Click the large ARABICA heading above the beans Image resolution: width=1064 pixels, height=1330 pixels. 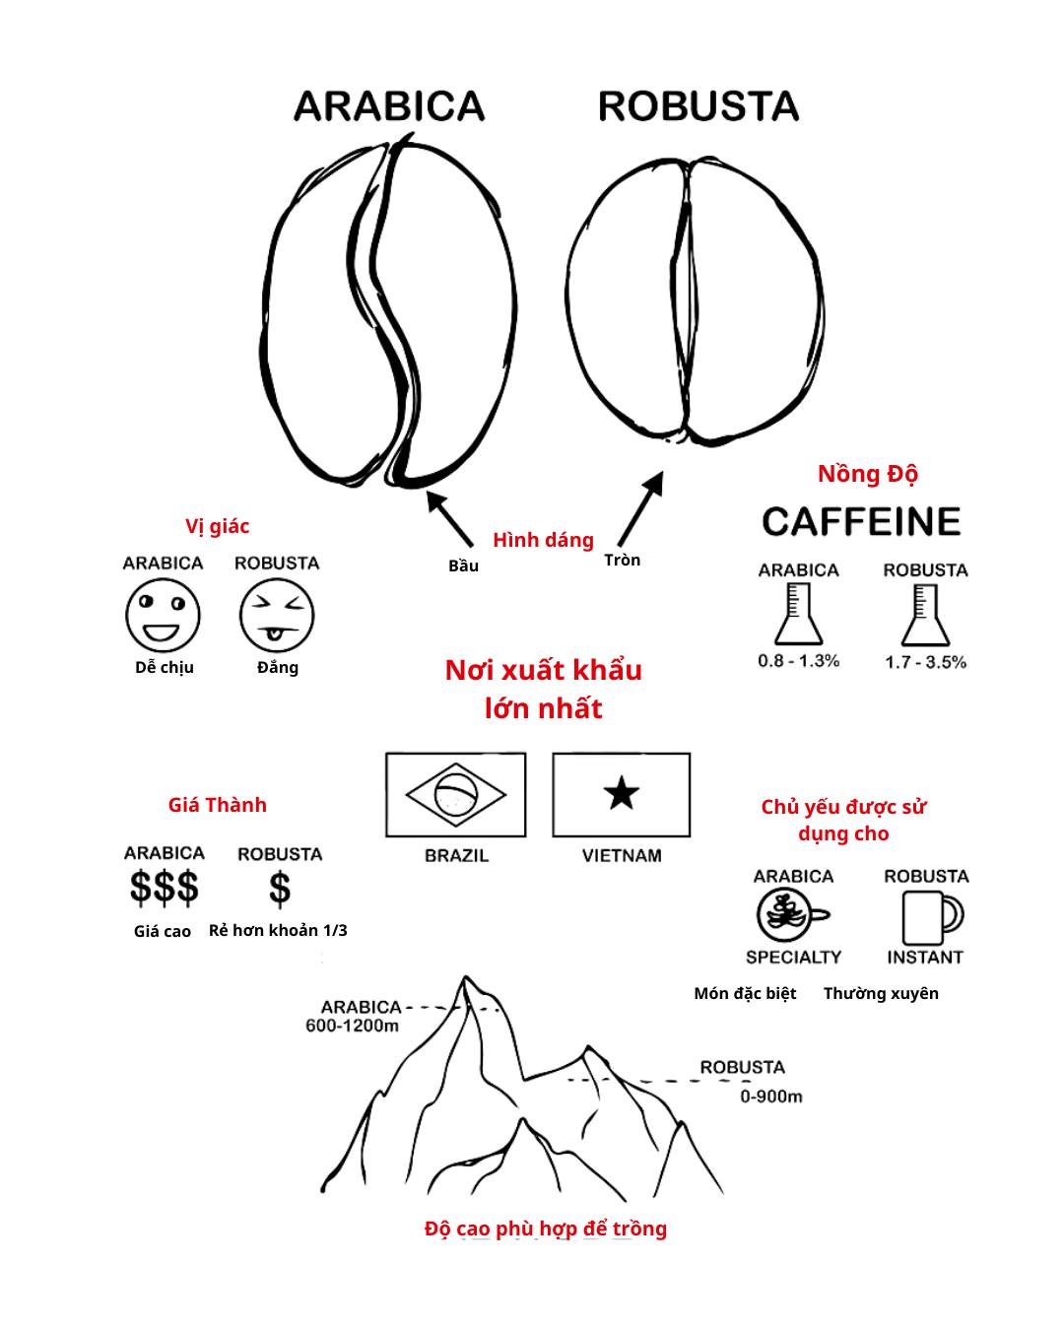tap(389, 105)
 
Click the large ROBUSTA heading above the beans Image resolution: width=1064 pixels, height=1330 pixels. tap(698, 105)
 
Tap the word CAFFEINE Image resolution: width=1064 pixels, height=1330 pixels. tap(861, 521)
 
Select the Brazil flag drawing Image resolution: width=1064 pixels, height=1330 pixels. tap(455, 795)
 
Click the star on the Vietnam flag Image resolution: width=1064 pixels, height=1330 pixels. tap(622, 794)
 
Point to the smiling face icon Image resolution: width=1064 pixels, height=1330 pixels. tap(164, 615)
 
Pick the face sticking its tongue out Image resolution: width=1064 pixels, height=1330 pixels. tap(277, 615)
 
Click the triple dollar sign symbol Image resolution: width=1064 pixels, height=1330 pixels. tap(165, 888)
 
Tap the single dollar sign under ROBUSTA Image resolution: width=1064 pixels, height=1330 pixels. tap(280, 889)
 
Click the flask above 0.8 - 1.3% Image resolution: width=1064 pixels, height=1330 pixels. tap(799, 615)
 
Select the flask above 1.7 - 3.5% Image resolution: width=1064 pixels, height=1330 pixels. tap(925, 615)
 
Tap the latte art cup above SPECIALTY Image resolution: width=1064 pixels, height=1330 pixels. tap(791, 915)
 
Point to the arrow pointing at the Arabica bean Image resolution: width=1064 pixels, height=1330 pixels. tap(449, 518)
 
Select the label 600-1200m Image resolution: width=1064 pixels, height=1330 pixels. tap(353, 1027)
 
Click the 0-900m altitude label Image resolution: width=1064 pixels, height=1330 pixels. tap(771, 1097)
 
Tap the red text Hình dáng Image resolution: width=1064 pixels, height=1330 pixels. tap(544, 540)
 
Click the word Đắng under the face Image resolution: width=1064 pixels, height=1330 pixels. tap(278, 668)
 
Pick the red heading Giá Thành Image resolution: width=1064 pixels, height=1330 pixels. tap(218, 805)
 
